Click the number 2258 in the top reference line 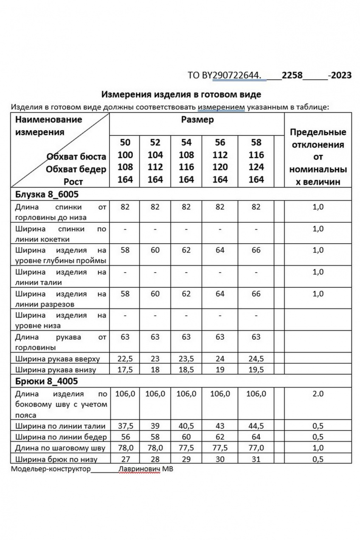(292, 75)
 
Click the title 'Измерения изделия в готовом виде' (181, 94)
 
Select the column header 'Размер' (197, 119)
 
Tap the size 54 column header (186, 142)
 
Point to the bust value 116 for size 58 (256, 155)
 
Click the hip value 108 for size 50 (125, 167)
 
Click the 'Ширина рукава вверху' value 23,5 (186, 359)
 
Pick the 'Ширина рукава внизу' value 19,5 (256, 369)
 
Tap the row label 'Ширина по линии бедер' (61, 437)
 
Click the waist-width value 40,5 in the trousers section (186, 426)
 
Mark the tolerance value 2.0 (318, 394)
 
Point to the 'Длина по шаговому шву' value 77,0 (256, 448)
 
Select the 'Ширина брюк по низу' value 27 (125, 459)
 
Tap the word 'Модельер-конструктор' (51, 469)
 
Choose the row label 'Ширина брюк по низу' (56, 459)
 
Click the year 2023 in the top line (341, 75)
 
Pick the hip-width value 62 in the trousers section (220, 437)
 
